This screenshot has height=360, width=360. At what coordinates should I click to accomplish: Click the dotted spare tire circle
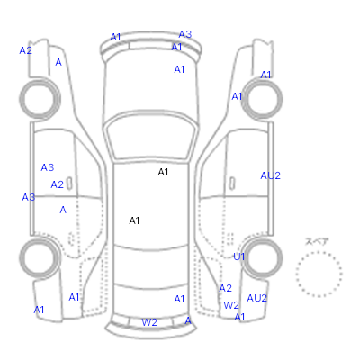[x=319, y=252]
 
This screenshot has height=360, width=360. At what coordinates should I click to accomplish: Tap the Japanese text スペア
[x=317, y=242]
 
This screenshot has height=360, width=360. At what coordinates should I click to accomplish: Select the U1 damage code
[x=239, y=256]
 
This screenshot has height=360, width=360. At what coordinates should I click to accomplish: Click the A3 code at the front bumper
[x=185, y=34]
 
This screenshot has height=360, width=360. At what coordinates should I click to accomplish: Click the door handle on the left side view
[x=69, y=184]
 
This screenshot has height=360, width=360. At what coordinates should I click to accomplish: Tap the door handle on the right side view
[x=232, y=184]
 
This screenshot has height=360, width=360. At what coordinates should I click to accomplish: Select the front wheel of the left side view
[x=40, y=99]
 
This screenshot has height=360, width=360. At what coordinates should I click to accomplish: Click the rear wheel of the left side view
[x=40, y=258]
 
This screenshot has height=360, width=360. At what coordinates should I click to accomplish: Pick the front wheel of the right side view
[x=262, y=99]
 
